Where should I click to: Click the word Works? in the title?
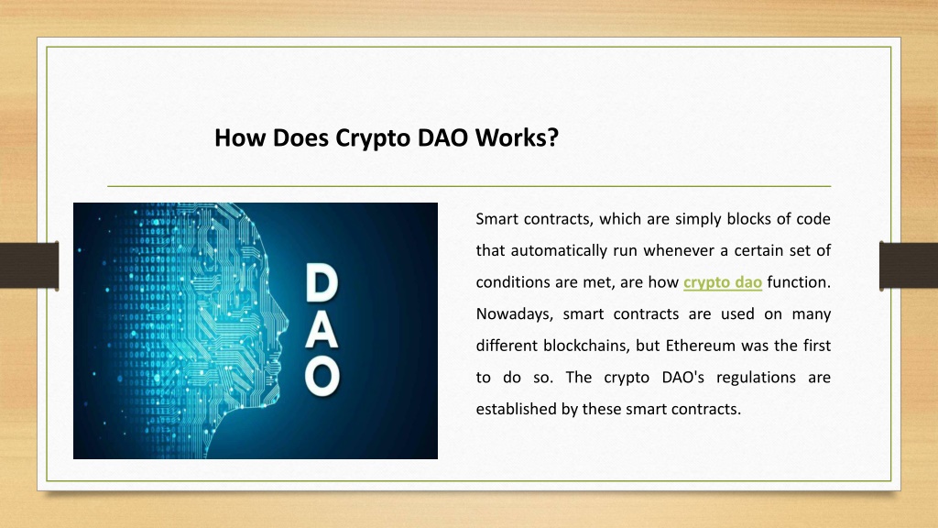[517, 137]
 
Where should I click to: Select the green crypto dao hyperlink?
[723, 282]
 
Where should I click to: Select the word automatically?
[560, 251]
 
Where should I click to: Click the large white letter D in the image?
[322, 283]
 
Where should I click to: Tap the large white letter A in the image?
[322, 330]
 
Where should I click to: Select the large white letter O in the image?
[322, 377]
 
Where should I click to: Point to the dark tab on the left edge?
[29, 266]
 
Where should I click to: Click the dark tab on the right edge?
[909, 266]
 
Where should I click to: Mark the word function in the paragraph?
[799, 282]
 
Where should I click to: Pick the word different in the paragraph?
[507, 346]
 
